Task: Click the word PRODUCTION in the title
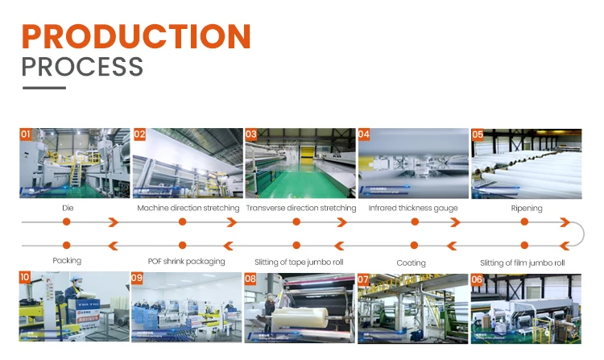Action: (136, 36)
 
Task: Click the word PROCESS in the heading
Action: (82, 67)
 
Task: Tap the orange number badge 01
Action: (26, 134)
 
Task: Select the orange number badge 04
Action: (364, 134)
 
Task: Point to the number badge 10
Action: (26, 278)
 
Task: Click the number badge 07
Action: (364, 279)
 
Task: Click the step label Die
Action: (68, 208)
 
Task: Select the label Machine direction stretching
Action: (188, 208)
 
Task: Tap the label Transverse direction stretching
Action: (301, 208)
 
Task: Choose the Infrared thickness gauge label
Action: (413, 208)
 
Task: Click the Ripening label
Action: (526, 208)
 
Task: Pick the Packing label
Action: (67, 261)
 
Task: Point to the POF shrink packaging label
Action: (186, 261)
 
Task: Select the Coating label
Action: (412, 263)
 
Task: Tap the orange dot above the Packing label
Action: (66, 245)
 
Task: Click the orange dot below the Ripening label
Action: (525, 221)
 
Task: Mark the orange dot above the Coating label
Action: (414, 245)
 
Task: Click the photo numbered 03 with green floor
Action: (300, 164)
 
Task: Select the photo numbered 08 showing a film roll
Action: (300, 308)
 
